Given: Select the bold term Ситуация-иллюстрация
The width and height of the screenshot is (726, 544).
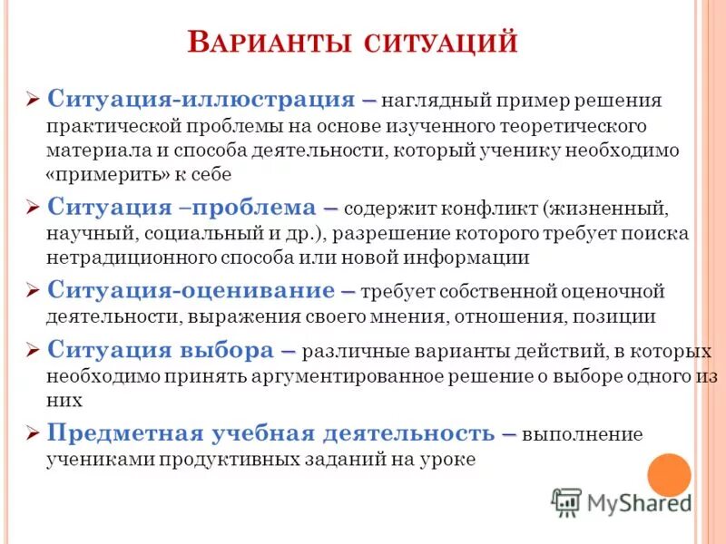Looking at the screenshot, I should [201, 98].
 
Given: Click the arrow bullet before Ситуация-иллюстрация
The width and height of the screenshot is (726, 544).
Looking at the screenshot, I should [33, 99].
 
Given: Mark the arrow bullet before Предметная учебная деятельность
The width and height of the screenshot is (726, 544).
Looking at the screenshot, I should [33, 433].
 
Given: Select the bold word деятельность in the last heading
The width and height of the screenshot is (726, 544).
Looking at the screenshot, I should [417, 432].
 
